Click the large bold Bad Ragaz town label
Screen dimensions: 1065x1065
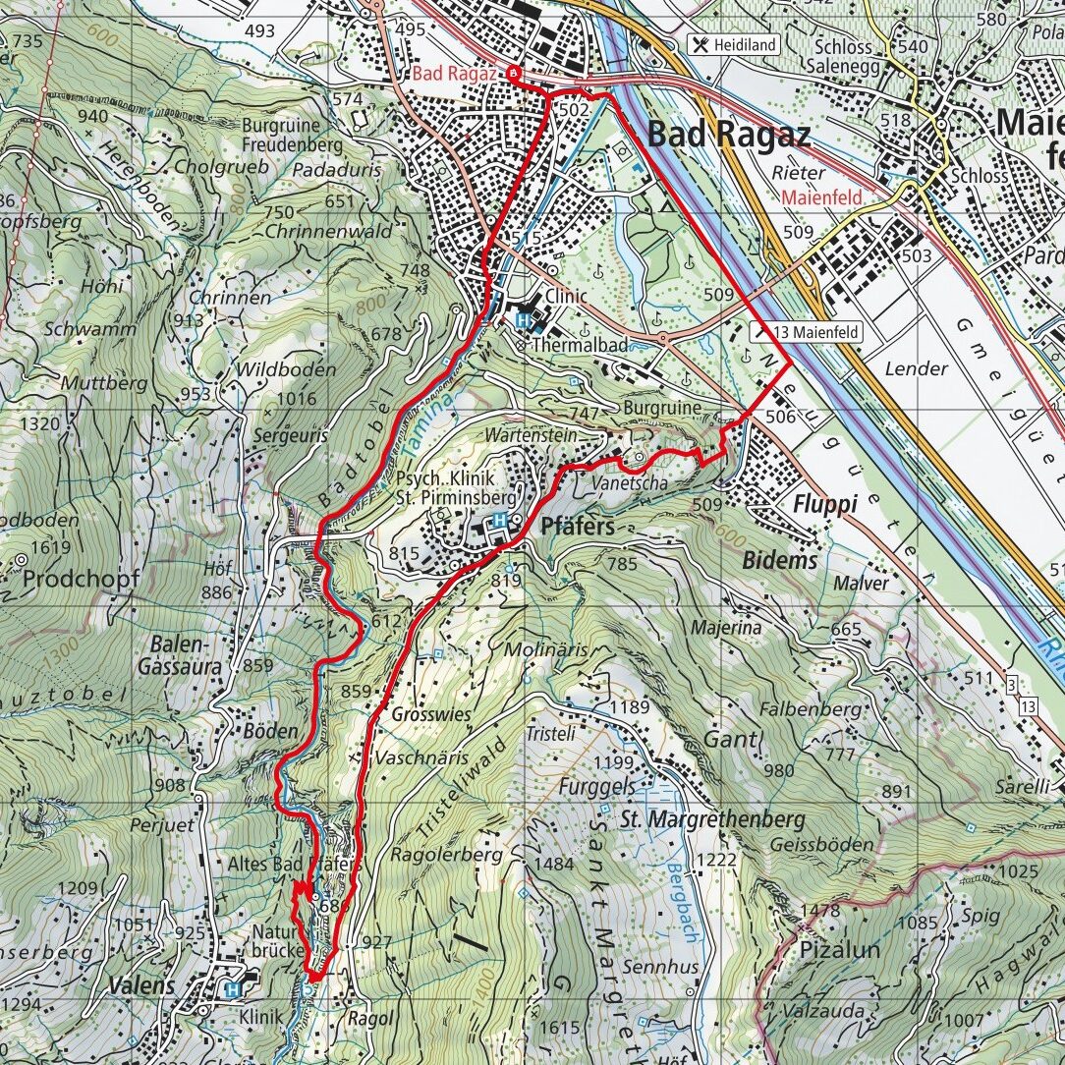click(x=730, y=134)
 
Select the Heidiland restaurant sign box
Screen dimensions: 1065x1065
click(x=735, y=44)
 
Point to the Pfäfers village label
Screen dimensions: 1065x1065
click(x=578, y=527)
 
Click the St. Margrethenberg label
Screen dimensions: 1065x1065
click(x=712, y=818)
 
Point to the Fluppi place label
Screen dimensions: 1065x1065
click(x=824, y=504)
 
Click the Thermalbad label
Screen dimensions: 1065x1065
click(x=579, y=346)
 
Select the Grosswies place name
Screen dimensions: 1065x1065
click(x=430, y=714)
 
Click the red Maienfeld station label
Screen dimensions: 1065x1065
click(x=821, y=197)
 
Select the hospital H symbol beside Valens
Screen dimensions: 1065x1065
click(x=233, y=990)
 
